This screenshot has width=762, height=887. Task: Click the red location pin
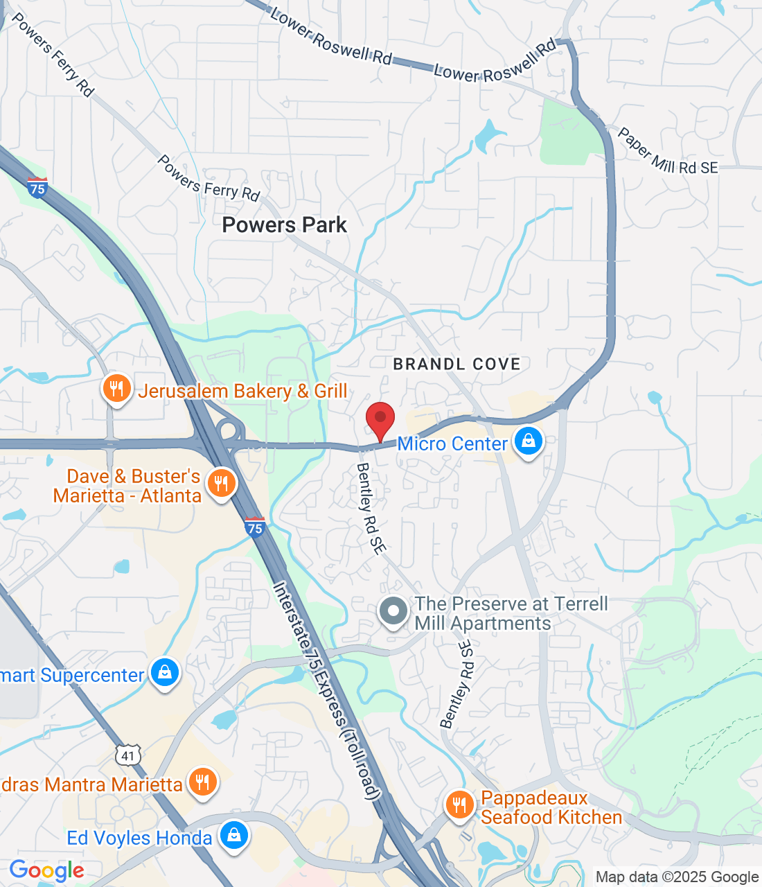(380, 419)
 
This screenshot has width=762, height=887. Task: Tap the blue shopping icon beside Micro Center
(529, 441)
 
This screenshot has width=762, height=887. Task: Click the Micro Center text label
(452, 443)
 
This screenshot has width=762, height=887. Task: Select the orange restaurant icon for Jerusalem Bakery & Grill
(117, 389)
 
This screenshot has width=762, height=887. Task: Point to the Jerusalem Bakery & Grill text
(242, 392)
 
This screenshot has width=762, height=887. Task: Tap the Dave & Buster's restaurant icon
(222, 484)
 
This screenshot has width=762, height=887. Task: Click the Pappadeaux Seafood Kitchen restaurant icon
(459, 805)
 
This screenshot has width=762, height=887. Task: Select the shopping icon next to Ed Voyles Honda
(234, 836)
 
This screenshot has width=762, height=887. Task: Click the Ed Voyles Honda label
(139, 838)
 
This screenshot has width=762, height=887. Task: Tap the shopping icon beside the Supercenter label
(165, 673)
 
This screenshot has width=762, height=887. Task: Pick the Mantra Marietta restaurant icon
(202, 782)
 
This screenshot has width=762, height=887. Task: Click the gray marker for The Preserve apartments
(394, 612)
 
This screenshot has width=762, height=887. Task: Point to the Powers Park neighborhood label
(285, 225)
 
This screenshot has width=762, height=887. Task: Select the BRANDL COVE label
(457, 364)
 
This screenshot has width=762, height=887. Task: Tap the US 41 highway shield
(128, 755)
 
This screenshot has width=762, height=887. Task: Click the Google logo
(46, 871)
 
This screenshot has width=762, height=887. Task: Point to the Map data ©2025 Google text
(677, 877)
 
